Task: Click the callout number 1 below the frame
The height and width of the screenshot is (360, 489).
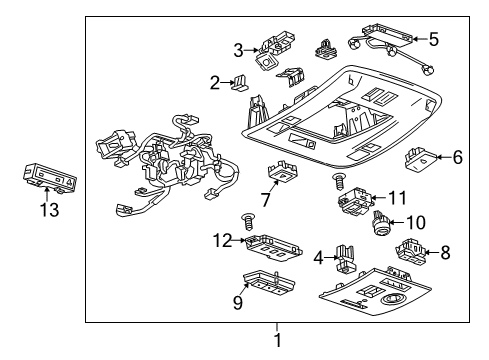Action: point(278,340)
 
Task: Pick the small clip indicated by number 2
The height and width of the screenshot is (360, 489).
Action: point(241,84)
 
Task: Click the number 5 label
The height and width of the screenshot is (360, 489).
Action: point(433,40)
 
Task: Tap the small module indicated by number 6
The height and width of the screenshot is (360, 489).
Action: point(419,156)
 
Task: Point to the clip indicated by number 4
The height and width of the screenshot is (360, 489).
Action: point(345,257)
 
